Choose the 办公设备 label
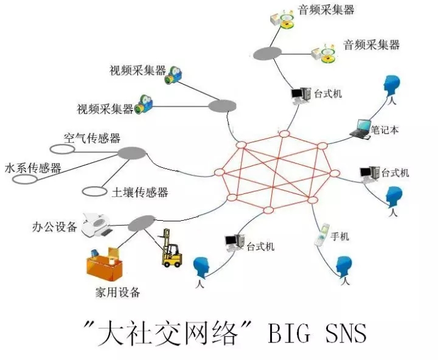55,227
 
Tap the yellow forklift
171,249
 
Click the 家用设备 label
118,292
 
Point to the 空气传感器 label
92,138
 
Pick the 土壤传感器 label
140,193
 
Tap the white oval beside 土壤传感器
94,192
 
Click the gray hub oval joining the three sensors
131,153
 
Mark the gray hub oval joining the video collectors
221,107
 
